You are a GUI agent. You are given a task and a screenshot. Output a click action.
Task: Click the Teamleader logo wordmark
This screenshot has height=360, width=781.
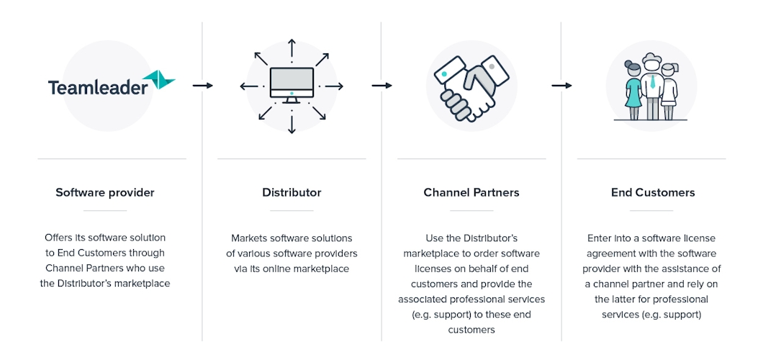[98, 88]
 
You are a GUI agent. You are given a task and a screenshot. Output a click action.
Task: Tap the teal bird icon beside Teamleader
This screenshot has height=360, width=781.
[159, 79]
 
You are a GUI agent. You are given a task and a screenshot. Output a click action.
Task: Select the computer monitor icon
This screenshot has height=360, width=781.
[292, 84]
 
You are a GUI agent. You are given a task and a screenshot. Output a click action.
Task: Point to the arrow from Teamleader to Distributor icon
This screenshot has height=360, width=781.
[202, 86]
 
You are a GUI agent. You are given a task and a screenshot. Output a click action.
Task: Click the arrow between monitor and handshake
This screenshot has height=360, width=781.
[382, 86]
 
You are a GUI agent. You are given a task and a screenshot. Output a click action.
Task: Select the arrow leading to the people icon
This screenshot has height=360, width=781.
[561, 86]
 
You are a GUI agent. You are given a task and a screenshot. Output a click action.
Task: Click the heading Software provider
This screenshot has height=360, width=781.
[105, 192]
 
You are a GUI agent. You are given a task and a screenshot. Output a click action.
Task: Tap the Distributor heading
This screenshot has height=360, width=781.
[292, 192]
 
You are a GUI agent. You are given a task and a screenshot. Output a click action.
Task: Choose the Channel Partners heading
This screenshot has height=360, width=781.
[471, 192]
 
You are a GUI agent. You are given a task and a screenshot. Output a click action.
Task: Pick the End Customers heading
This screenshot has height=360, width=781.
[653, 192]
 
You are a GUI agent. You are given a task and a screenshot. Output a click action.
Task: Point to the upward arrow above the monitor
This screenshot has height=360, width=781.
[292, 48]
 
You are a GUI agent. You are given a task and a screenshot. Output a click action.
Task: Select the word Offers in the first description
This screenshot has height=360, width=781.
[59, 238]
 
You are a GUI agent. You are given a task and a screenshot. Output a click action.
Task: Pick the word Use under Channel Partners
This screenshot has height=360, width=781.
[435, 238]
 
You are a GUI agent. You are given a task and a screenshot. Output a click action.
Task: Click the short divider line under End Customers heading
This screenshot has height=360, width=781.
[651, 210]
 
